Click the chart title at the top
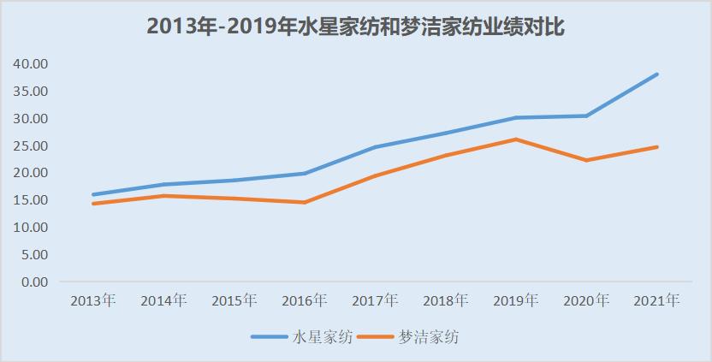click(x=355, y=27)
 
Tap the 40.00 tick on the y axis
click(x=30, y=63)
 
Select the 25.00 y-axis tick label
click(x=30, y=145)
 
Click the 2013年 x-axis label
click(x=92, y=300)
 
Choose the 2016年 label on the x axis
click(x=304, y=300)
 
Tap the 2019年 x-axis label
click(x=516, y=300)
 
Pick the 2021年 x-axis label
click(x=657, y=300)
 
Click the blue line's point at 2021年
click(x=657, y=74)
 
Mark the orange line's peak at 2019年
click(x=516, y=139)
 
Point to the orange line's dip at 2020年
click(x=586, y=160)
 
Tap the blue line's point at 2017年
click(x=375, y=147)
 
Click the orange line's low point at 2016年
click(x=304, y=203)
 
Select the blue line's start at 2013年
click(x=92, y=194)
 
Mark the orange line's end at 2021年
click(x=657, y=147)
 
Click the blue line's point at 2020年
click(x=586, y=116)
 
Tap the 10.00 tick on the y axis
click(x=30, y=227)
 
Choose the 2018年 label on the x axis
click(x=445, y=300)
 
